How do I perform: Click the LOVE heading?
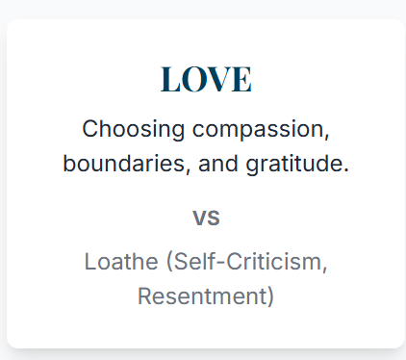(206, 80)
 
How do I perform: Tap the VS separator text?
(206, 219)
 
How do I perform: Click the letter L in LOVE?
(170, 80)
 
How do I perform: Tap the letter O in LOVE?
(193, 80)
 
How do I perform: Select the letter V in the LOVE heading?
(218, 80)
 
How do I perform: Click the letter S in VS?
(214, 219)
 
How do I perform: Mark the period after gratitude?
(345, 170)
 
